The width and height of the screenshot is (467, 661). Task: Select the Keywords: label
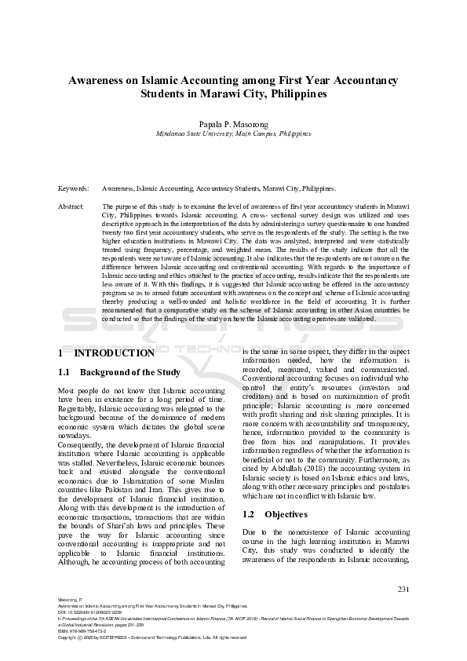click(x=74, y=189)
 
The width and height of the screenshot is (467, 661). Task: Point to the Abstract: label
click(x=71, y=206)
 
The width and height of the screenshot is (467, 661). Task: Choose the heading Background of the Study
click(x=130, y=372)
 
